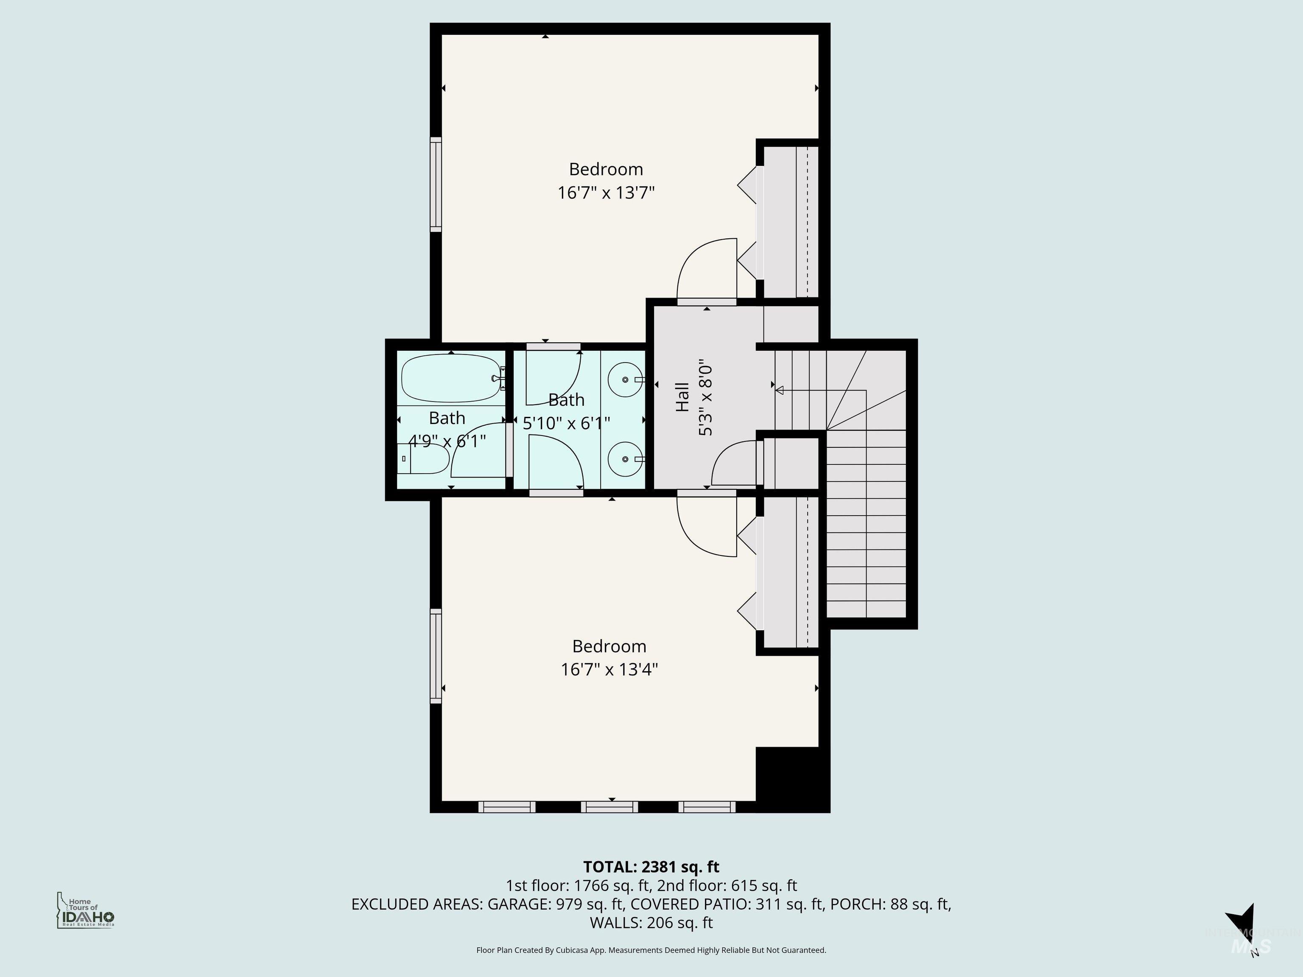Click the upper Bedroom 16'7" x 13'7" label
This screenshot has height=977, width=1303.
[x=606, y=181]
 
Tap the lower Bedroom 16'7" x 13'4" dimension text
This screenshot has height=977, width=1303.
[x=609, y=670]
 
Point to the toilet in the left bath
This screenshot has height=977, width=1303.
[x=425, y=458]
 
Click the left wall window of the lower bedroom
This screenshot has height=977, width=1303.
[x=436, y=656]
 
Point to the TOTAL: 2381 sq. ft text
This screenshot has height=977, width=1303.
[x=651, y=867]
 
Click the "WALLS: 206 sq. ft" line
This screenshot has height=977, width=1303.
[x=651, y=922]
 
